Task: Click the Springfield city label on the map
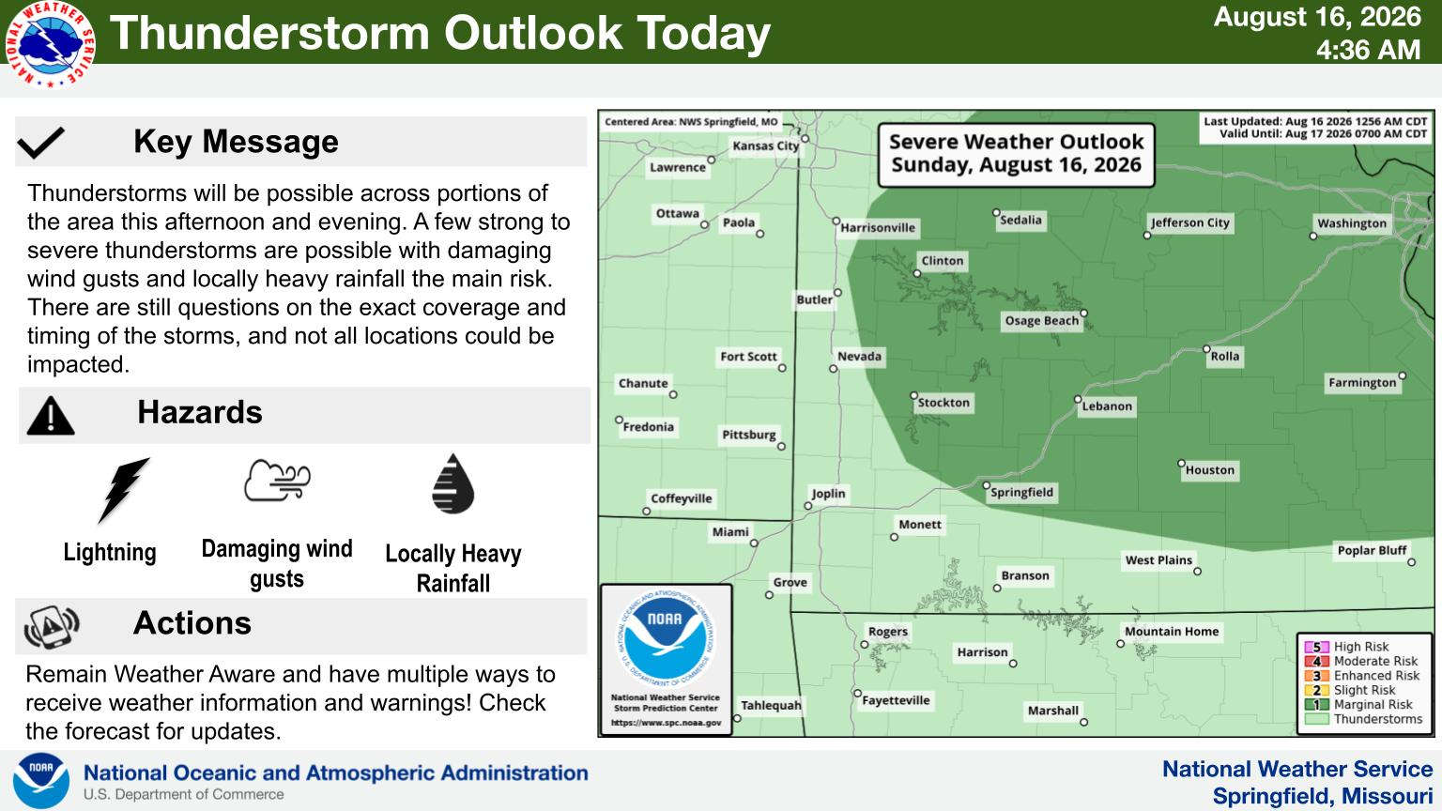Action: tap(1021, 493)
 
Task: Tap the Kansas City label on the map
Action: tap(765, 146)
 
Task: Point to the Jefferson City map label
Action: tap(1190, 222)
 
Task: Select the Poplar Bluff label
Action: tap(1372, 550)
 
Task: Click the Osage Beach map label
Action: tap(1041, 320)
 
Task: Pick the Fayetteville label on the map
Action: tap(896, 700)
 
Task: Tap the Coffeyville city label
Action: tap(681, 498)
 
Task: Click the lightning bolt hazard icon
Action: tap(123, 489)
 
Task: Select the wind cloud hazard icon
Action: tap(278, 481)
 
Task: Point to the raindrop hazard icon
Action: tap(453, 484)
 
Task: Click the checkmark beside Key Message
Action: tap(41, 143)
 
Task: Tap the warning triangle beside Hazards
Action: tap(51, 416)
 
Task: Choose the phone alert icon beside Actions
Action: tap(52, 626)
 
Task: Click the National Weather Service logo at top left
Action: tap(51, 44)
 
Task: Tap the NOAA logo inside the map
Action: tap(667, 638)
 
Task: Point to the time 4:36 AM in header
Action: tap(1368, 50)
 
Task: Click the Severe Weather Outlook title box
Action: tap(1017, 155)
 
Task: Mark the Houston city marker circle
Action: tap(1181, 464)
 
